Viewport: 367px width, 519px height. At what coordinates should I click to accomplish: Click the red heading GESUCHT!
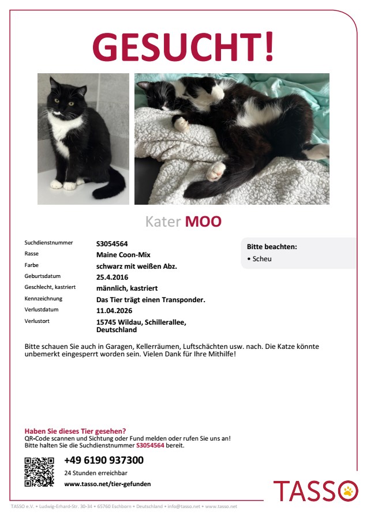point(183,47)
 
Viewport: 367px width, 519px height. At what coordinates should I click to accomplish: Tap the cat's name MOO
point(203,222)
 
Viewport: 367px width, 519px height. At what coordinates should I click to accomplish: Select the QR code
point(39,472)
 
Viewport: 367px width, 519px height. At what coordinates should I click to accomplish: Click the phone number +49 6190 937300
point(104,460)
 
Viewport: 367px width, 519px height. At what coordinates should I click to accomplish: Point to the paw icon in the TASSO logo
point(348,491)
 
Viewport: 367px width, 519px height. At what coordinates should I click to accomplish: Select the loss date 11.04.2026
point(114,310)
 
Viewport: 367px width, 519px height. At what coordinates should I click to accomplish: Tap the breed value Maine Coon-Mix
point(123,254)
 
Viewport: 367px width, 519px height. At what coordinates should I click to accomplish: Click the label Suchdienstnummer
point(48,243)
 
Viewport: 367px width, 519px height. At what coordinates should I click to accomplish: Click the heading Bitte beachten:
point(272,247)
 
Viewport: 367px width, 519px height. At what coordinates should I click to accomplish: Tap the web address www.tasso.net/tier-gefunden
point(107,484)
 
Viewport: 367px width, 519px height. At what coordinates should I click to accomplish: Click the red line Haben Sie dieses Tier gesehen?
point(75,431)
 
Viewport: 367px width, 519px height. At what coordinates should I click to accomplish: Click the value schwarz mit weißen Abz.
point(136,266)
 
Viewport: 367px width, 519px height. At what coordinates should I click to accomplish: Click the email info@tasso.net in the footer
point(183,506)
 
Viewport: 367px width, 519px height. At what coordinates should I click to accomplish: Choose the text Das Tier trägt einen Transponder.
point(151,299)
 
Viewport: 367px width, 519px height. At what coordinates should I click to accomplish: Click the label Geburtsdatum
point(42,276)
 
